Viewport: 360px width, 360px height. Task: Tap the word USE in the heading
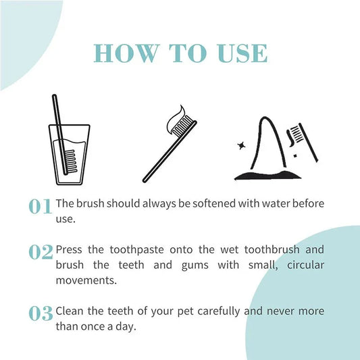click(240, 53)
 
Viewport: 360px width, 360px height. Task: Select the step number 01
click(40, 207)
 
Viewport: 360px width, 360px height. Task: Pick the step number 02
click(41, 253)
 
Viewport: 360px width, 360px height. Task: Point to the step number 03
click(41, 313)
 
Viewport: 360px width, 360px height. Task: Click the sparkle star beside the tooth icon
click(241, 145)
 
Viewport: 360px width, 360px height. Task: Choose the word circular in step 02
click(302, 264)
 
